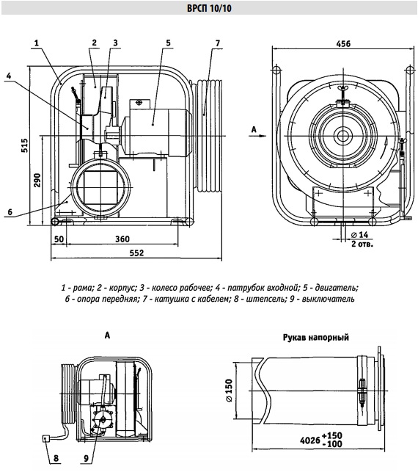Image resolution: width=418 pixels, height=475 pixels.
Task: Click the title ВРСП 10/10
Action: pyautogui.click(x=209, y=9)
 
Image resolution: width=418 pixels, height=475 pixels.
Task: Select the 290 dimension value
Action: pyautogui.click(x=37, y=181)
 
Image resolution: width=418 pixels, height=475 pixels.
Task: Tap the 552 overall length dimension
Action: pyautogui.click(x=136, y=253)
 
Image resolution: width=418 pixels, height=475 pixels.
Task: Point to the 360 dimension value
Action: pyautogui.click(x=122, y=239)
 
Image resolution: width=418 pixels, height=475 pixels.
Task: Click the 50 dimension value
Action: pyautogui.click(x=59, y=239)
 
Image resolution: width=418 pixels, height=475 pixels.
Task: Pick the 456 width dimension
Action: pyautogui.click(x=343, y=44)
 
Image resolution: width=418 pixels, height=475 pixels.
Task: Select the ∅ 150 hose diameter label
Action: pyautogui.click(x=229, y=391)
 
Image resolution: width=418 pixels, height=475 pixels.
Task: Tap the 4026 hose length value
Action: pyautogui.click(x=309, y=440)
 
